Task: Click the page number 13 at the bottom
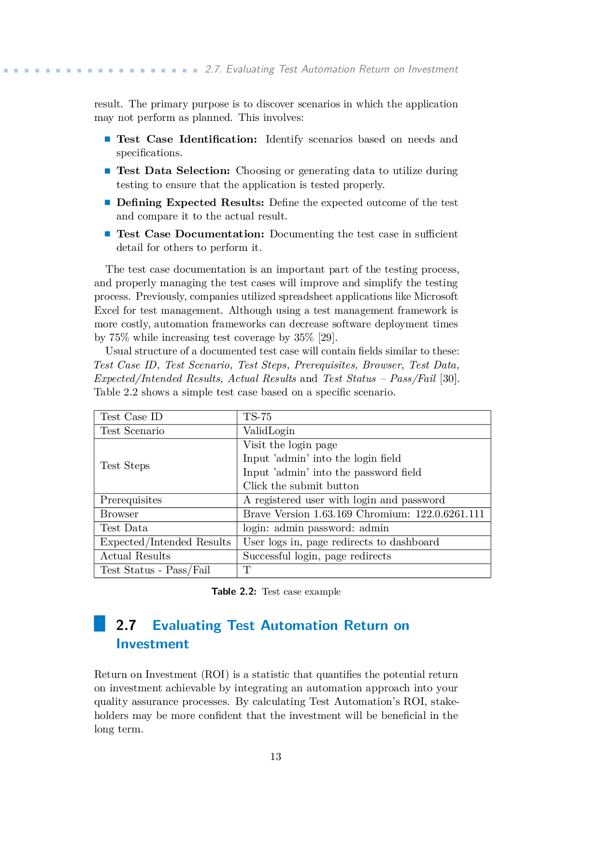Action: (275, 757)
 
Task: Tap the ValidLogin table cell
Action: (269, 431)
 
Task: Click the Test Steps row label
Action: (125, 466)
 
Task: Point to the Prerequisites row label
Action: (130, 500)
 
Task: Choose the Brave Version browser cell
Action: (363, 514)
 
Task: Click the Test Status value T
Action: (247, 570)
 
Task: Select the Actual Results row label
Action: (135, 556)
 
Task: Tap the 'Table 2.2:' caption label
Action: (234, 592)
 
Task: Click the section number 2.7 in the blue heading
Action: (126, 625)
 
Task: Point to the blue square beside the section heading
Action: (100, 624)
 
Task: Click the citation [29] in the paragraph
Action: (327, 337)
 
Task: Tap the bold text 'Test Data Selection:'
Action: (173, 171)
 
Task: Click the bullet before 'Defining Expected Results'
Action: (108, 203)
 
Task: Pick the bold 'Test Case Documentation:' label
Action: (190, 234)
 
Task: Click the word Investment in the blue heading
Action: (152, 644)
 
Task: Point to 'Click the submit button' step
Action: (300, 486)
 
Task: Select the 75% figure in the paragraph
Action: (119, 337)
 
